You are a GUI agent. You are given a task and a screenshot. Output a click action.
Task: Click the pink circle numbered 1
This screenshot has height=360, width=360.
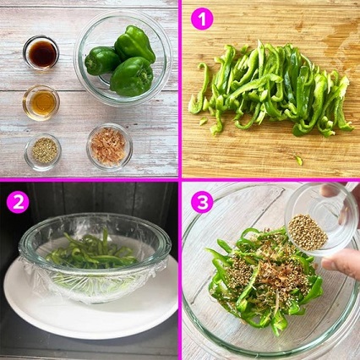pos(202,19)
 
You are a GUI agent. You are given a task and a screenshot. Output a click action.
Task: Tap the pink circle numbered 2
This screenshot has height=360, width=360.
pos(19,202)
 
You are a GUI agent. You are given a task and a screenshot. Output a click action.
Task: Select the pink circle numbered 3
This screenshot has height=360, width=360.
pos(202,202)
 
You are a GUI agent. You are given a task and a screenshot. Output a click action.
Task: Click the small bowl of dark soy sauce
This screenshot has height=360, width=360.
pos(41,52)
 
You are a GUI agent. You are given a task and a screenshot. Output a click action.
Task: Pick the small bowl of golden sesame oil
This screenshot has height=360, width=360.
pos(41,103)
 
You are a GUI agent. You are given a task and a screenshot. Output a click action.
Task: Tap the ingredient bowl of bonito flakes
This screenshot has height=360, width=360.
pos(109,147)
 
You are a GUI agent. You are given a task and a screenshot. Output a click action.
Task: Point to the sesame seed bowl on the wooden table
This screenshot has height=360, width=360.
pos(43,152)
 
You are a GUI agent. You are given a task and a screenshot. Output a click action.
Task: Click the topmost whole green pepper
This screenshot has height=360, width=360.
pos(135,43)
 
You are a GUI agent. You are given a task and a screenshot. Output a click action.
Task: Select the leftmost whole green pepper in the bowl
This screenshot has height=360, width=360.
pos(102,61)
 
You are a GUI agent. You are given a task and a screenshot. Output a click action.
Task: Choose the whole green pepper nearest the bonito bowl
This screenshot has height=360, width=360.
pos(132,77)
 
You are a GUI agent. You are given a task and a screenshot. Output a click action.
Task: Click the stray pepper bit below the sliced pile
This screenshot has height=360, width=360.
pos(298,161)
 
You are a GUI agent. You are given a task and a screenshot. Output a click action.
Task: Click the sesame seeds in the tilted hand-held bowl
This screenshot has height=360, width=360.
pos(308,232)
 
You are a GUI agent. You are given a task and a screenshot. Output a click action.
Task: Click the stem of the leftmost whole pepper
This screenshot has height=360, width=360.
pos(90,64)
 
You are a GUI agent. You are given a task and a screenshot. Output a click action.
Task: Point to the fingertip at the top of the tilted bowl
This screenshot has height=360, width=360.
pos(328,190)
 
